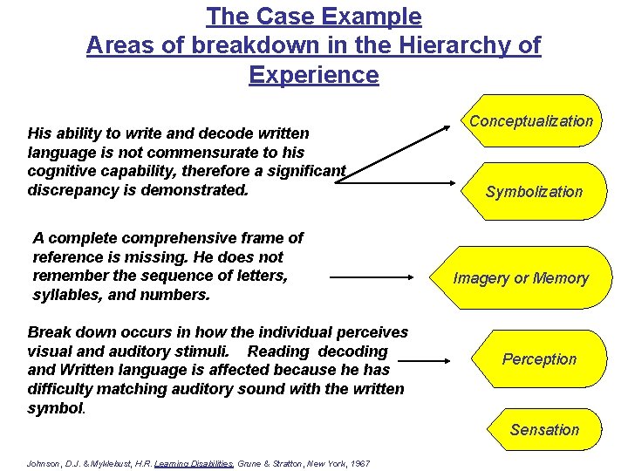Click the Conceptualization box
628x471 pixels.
click(530, 121)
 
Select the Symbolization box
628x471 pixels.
click(534, 192)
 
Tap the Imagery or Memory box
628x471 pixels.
click(521, 278)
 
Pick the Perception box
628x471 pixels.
click(539, 358)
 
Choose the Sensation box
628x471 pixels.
click(544, 429)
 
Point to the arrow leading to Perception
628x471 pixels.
click(427, 359)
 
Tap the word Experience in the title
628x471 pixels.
click(314, 75)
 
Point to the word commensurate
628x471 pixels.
click(222, 152)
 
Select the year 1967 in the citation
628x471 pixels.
click(358, 463)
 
